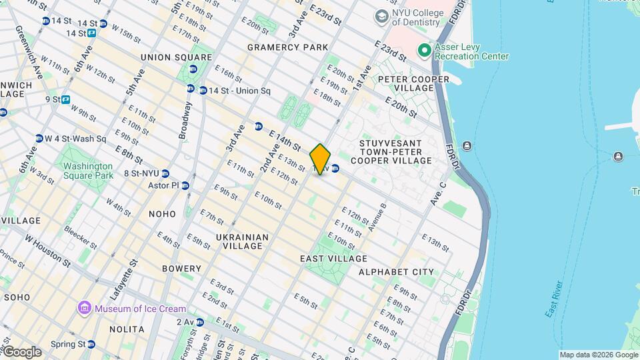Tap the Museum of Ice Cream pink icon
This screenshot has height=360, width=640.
point(85,308)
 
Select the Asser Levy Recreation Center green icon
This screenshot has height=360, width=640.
point(423,51)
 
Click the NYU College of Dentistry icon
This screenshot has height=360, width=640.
point(382,15)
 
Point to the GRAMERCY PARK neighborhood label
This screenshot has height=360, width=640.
point(287,47)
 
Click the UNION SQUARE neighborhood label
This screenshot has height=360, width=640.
point(167,57)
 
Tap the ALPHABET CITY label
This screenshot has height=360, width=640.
point(396,272)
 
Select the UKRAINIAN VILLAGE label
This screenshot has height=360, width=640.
point(242,241)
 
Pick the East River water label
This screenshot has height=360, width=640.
point(553,300)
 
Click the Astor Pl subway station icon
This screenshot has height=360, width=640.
point(185,185)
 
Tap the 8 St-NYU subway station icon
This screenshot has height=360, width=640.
point(165,173)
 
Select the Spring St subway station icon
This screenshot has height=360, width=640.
point(91,345)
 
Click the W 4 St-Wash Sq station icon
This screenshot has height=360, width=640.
point(39,139)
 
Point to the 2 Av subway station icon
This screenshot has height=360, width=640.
point(199,322)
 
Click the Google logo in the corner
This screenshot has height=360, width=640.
point(21,352)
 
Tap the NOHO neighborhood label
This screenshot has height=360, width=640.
point(163,214)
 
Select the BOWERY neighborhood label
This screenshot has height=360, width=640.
point(177,269)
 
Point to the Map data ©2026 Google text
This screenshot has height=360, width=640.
point(598,355)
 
